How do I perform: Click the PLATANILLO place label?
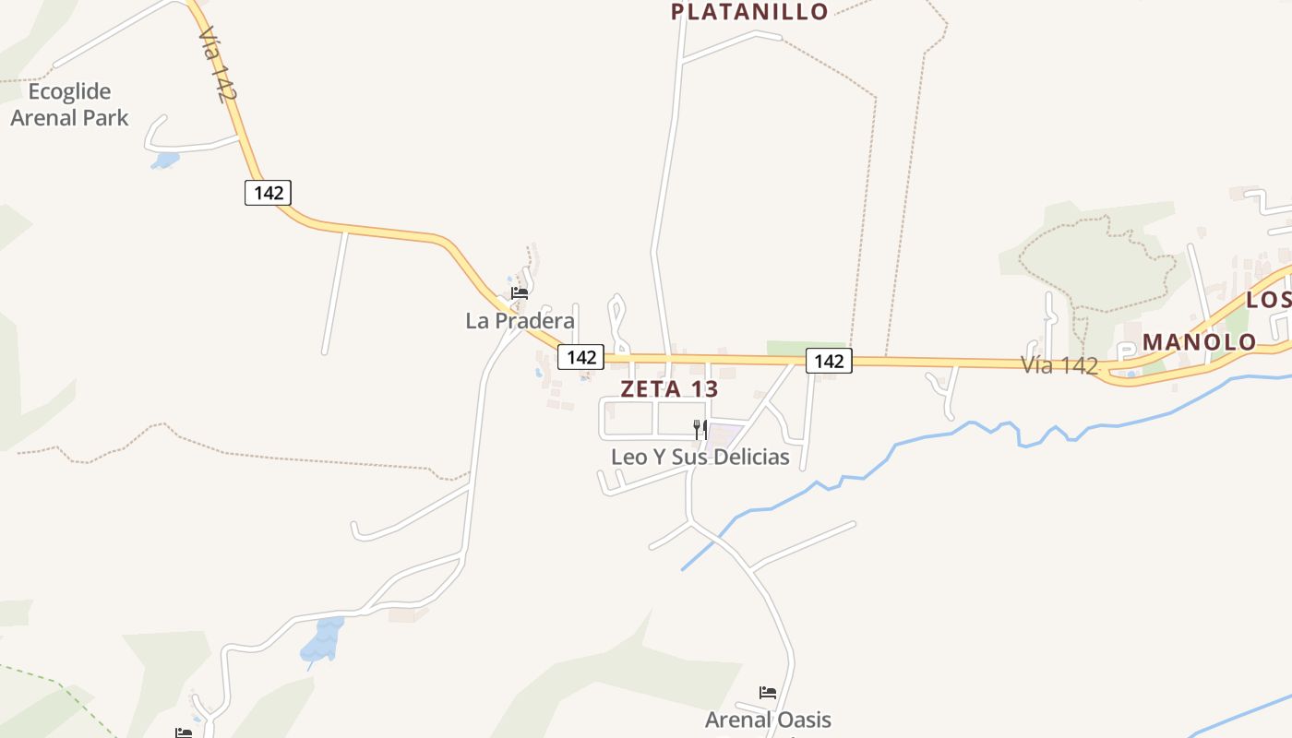pyautogui.click(x=749, y=11)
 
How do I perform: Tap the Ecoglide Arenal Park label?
pyautogui.click(x=69, y=104)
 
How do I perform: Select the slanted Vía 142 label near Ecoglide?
pyautogui.click(x=211, y=63)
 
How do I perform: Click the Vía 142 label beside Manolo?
pyautogui.click(x=1059, y=365)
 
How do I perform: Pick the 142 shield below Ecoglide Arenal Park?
pyautogui.click(x=269, y=193)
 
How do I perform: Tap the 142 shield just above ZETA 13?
pyautogui.click(x=580, y=357)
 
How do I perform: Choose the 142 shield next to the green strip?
pyautogui.click(x=829, y=361)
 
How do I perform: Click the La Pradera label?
pyautogui.click(x=520, y=321)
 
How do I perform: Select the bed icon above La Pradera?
pyautogui.click(x=519, y=293)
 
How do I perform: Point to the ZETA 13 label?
pyautogui.click(x=669, y=388)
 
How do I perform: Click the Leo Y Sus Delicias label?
pyautogui.click(x=700, y=457)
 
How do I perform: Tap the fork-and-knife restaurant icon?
pyautogui.click(x=700, y=429)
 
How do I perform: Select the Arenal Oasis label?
pyautogui.click(x=768, y=720)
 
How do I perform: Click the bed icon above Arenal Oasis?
pyautogui.click(x=768, y=693)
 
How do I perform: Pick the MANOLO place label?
pyautogui.click(x=1199, y=342)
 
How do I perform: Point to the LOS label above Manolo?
pyautogui.click(x=1269, y=300)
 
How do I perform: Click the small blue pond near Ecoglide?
pyautogui.click(x=165, y=161)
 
